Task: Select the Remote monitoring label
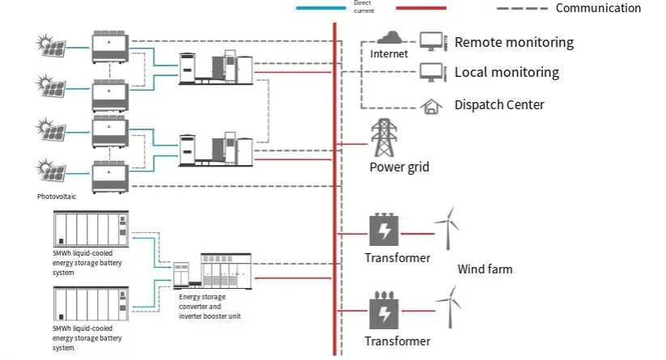pos(513,42)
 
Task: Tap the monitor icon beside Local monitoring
pos(431,73)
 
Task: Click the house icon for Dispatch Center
pos(431,105)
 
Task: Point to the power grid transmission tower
pos(383,138)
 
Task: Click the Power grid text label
pos(399,167)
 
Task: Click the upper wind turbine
pos(446,227)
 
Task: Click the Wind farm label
pos(485,269)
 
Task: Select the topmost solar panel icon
pos(50,44)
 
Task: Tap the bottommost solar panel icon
pos(50,170)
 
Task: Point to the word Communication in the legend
pos(598,8)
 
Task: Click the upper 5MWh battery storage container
pos(89,229)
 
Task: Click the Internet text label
pos(389,54)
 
